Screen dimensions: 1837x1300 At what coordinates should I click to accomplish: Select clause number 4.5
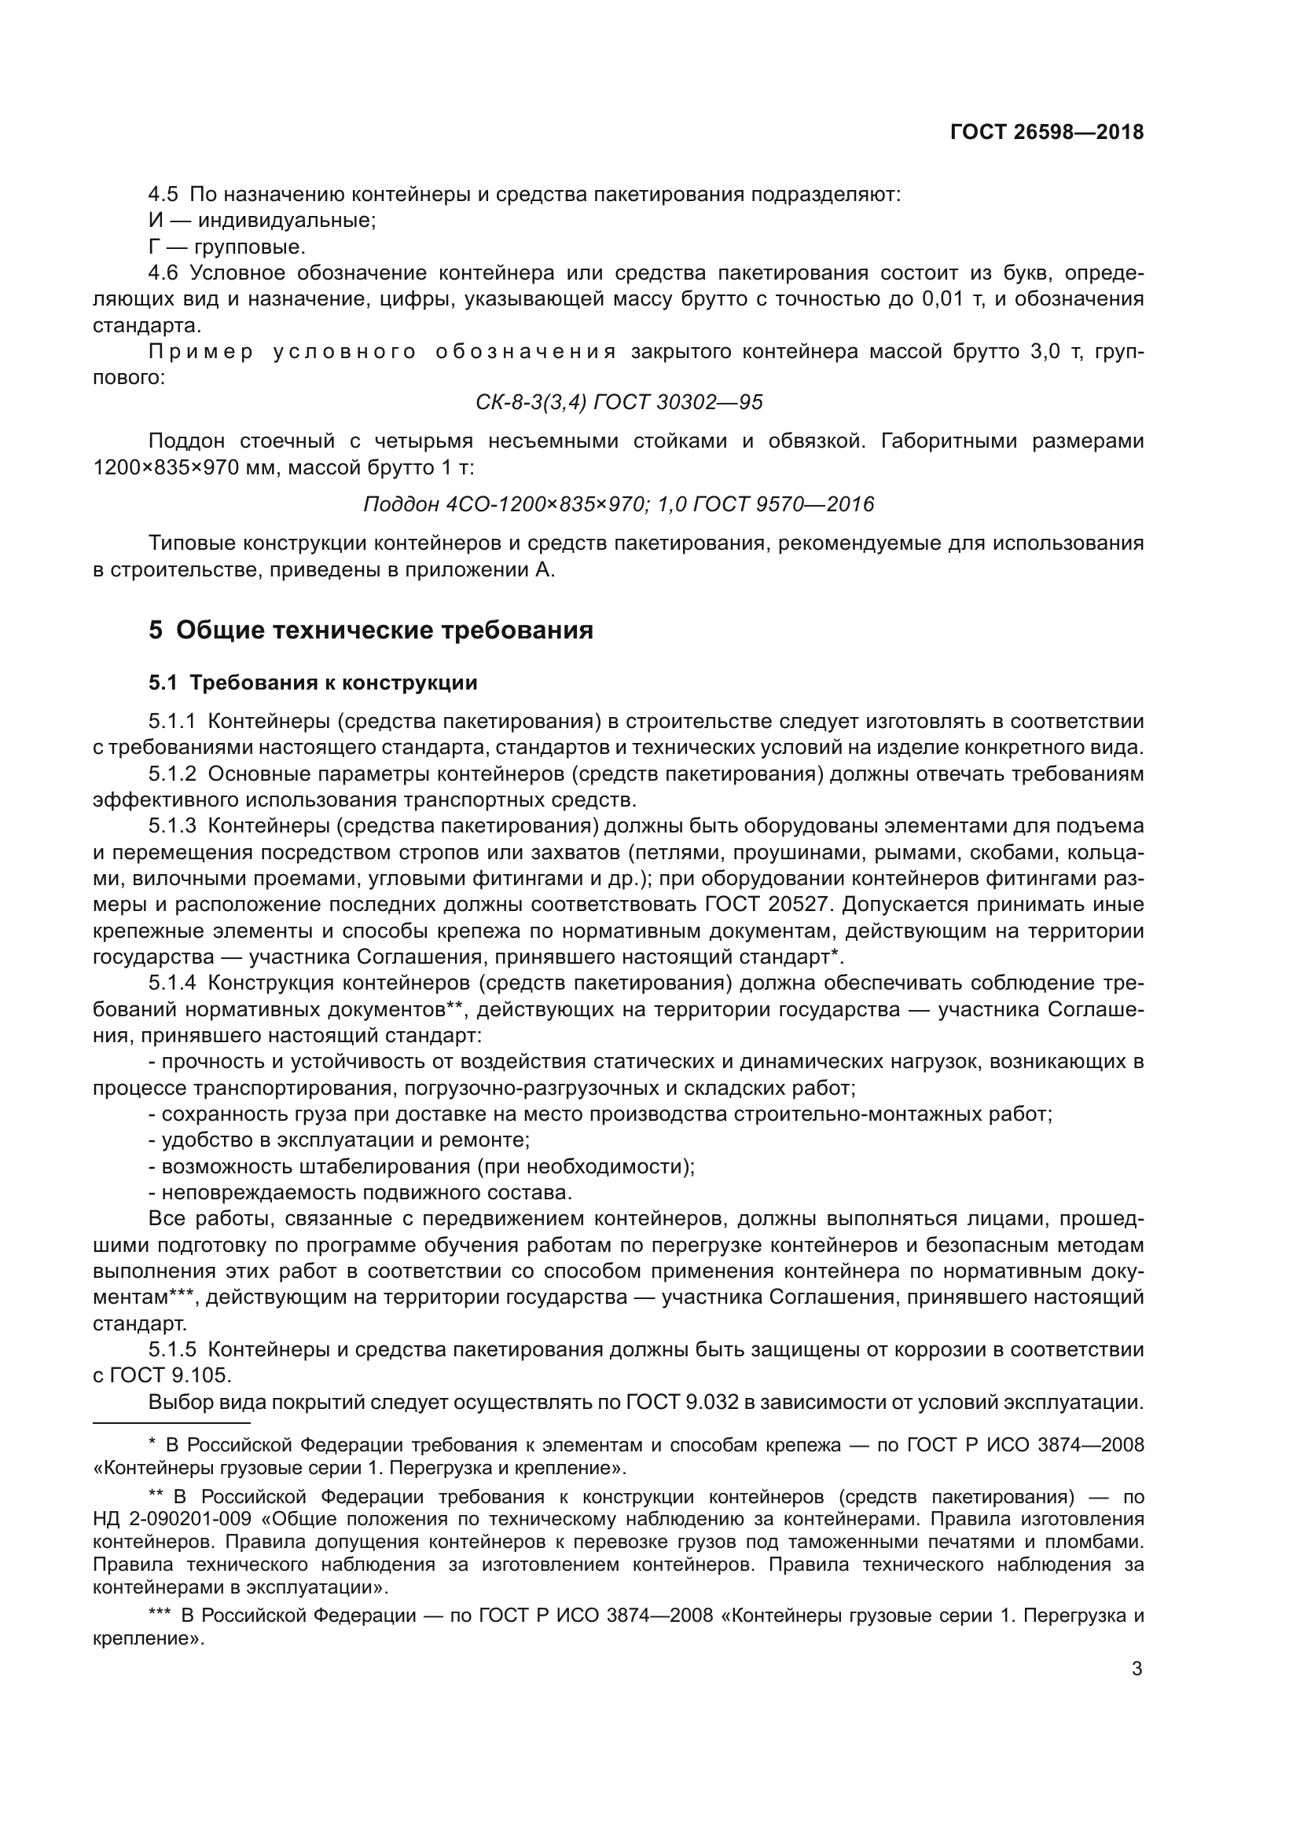163,195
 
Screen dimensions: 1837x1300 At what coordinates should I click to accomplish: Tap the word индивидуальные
287,220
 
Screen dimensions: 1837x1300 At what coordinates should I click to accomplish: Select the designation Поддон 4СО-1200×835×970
504,504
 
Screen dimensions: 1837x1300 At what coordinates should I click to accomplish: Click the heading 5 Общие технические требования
371,631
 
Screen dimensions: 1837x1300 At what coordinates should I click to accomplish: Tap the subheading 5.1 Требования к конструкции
313,682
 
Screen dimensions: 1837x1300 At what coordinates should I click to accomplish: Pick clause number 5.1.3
172,825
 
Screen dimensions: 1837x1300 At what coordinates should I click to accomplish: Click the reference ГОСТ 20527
765,904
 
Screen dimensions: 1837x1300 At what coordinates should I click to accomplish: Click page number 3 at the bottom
1137,1669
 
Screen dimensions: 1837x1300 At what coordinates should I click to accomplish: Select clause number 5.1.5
172,1350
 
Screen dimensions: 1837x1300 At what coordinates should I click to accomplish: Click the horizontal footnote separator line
171,1423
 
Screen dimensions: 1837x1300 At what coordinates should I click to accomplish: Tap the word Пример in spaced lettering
201,351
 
